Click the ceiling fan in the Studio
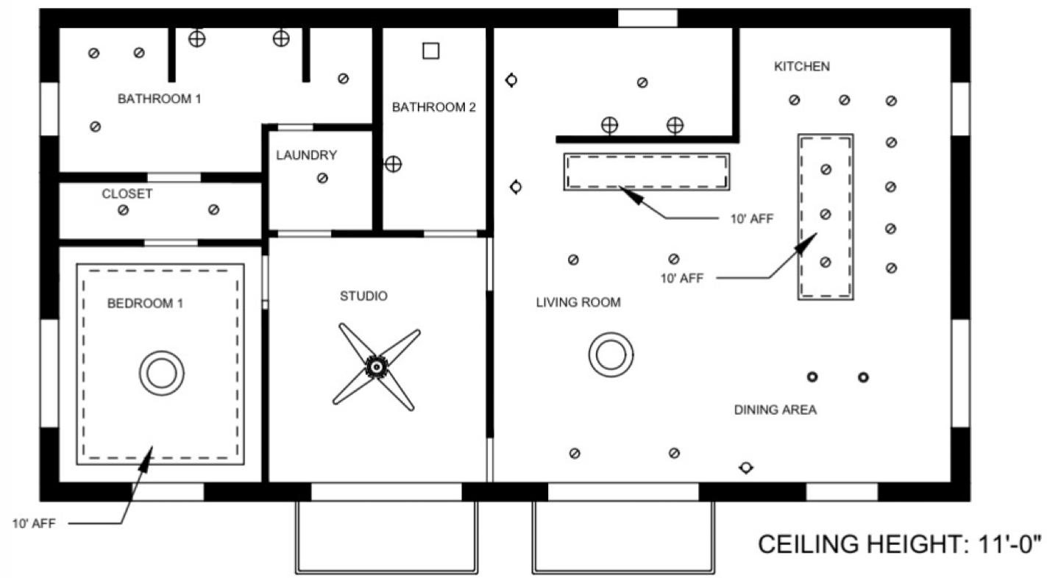point(376,365)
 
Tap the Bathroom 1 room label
point(159,99)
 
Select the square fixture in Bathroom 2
point(430,51)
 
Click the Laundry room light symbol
point(322,178)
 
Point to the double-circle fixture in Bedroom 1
point(161,374)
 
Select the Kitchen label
point(801,66)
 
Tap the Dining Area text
point(775,410)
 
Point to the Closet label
point(127,194)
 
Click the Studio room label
point(363,296)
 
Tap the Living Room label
point(578,302)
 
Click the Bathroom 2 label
point(433,107)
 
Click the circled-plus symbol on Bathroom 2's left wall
point(394,164)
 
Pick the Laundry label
point(306,155)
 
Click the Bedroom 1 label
point(145,303)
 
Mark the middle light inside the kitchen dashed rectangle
point(826,215)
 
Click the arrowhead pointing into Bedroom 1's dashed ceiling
point(148,457)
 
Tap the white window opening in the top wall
point(647,18)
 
